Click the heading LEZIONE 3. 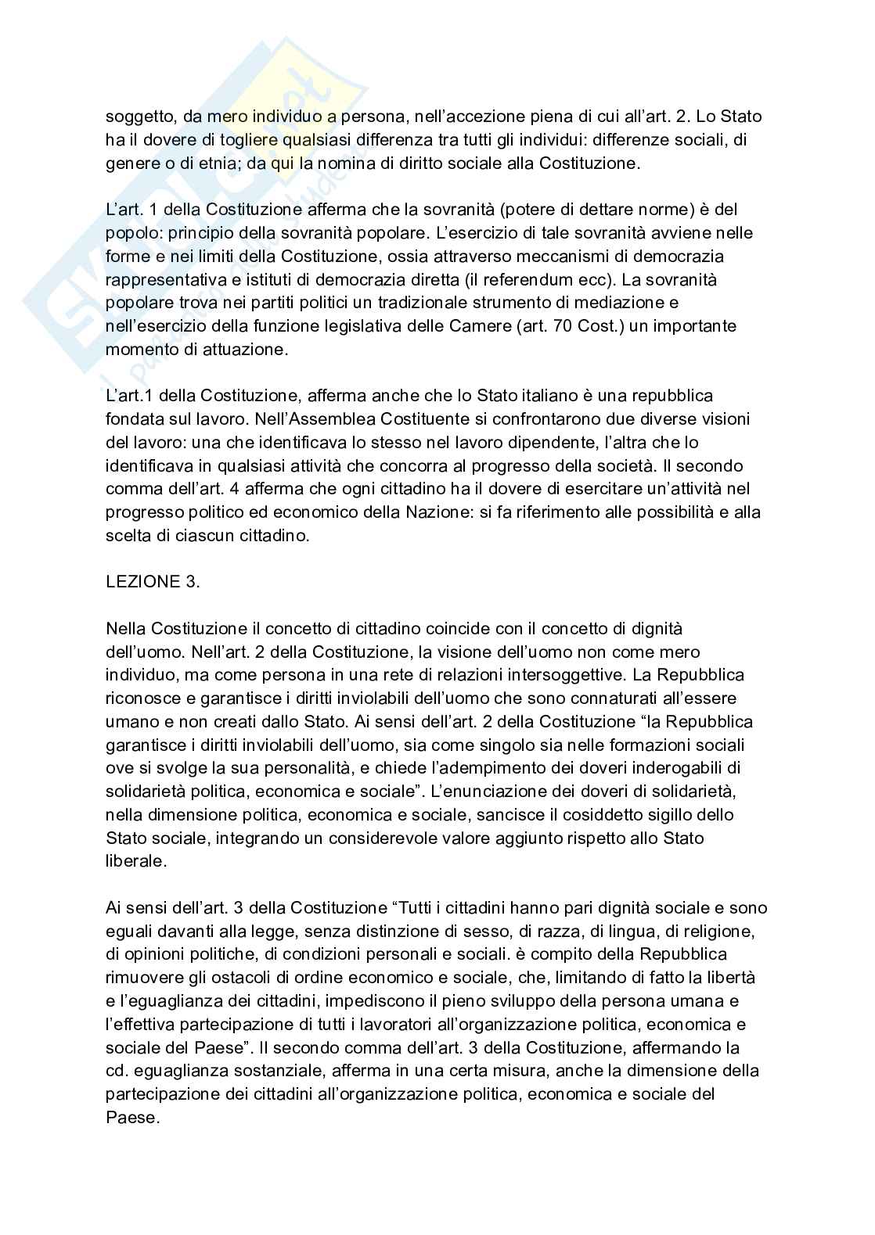153,583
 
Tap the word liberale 135,861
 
